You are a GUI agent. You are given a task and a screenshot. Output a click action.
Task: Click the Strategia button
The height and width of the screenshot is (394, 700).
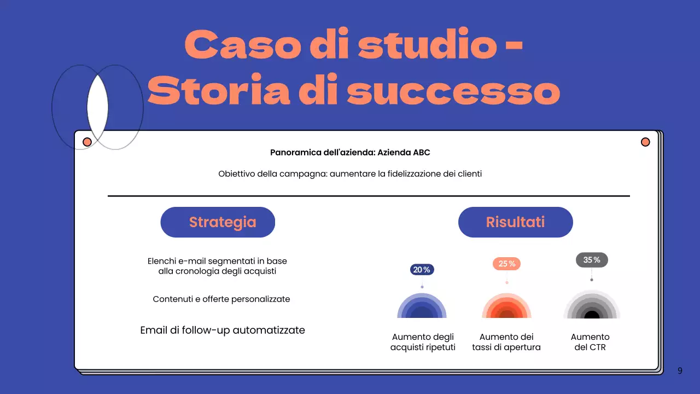coord(218,222)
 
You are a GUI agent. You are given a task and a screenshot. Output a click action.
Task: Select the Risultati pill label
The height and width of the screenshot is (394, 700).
coord(515,222)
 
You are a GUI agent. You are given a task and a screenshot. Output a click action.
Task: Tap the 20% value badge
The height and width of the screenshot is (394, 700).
coord(422,270)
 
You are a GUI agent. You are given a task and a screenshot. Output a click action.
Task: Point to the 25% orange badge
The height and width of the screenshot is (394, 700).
coord(506,264)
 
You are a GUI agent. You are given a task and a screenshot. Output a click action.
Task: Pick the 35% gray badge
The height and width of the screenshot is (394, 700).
coord(592,260)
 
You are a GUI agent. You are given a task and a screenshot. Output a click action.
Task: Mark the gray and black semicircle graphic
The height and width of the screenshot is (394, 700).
coord(592,306)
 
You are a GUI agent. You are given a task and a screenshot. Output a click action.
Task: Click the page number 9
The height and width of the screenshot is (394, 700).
coord(680,370)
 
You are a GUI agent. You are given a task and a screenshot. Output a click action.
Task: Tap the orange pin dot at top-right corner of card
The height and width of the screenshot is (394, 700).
coord(645,142)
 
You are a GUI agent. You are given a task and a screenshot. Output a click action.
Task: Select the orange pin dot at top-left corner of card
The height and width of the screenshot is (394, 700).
coord(87,142)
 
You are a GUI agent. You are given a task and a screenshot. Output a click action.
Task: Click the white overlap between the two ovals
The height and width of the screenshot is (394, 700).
coord(97,107)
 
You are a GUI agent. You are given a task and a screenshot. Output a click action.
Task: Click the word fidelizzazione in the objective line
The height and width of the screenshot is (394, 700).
coord(417,174)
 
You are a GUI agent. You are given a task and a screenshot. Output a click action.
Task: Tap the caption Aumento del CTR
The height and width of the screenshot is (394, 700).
coord(590,342)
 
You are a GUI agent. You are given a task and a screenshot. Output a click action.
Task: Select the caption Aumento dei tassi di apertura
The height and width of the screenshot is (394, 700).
coord(506,342)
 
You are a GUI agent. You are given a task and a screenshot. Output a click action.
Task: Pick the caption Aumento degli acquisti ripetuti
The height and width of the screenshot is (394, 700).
coord(423,342)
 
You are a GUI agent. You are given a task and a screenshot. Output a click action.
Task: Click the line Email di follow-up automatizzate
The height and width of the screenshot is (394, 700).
coord(223,330)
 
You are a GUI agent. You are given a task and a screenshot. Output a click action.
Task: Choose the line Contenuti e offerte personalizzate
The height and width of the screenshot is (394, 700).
coord(221,299)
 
